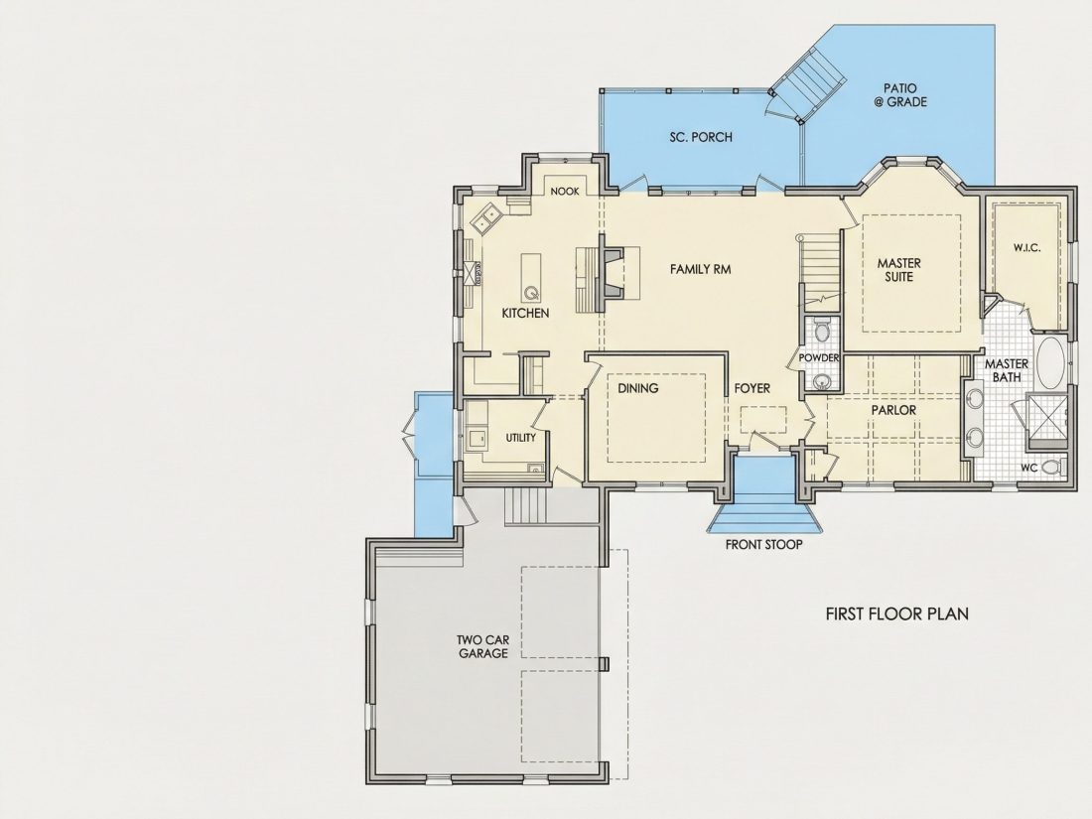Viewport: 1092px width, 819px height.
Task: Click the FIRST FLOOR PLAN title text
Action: click(897, 614)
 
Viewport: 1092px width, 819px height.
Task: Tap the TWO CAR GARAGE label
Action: click(482, 646)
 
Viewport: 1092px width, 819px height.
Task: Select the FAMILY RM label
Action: click(701, 269)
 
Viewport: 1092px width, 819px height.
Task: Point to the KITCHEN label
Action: click(525, 314)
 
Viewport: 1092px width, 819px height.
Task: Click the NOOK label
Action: click(565, 191)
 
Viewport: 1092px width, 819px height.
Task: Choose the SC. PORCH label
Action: click(701, 137)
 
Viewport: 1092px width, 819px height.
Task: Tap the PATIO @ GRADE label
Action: click(899, 95)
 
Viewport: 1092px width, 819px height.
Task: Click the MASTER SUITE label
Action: click(899, 269)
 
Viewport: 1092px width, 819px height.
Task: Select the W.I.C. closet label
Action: click(1027, 247)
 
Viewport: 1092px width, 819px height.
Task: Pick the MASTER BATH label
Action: click(1007, 370)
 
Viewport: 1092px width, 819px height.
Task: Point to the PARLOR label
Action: click(893, 410)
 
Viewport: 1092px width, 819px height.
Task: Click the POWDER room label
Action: click(819, 357)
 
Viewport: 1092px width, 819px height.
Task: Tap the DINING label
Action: click(638, 388)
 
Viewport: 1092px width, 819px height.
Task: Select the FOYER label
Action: click(752, 388)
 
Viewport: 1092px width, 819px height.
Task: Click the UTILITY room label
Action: click(521, 438)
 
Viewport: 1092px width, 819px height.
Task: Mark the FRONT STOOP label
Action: click(764, 545)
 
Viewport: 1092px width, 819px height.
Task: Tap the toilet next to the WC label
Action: click(1054, 468)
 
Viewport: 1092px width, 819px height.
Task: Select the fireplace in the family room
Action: click(612, 272)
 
